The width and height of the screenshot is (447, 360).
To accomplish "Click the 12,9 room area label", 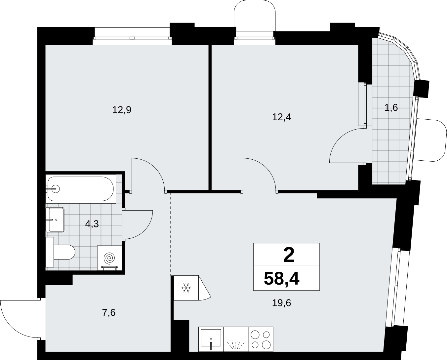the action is (x=122, y=110).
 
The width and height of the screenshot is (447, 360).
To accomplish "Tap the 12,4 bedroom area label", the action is (x=281, y=117).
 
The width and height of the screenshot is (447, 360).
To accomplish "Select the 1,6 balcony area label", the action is (x=391, y=108).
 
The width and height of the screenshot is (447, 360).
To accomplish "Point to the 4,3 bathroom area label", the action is (x=92, y=224).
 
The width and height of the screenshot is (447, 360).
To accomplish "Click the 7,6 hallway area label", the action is (x=109, y=312).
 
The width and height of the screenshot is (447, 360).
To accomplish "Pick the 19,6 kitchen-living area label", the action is (x=281, y=303).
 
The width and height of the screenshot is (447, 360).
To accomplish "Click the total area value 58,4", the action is (x=281, y=279).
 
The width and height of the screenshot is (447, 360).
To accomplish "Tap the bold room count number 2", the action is (x=289, y=255).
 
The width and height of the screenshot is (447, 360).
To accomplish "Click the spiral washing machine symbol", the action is (x=110, y=258).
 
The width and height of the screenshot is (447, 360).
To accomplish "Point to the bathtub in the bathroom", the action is (x=81, y=189).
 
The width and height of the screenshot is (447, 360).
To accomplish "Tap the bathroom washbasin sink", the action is (x=55, y=220).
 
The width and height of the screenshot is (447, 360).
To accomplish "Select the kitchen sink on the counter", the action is (x=211, y=339).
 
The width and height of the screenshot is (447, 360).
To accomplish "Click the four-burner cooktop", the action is (x=261, y=339).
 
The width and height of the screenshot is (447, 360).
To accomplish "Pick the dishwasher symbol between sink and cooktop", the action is (x=236, y=339).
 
